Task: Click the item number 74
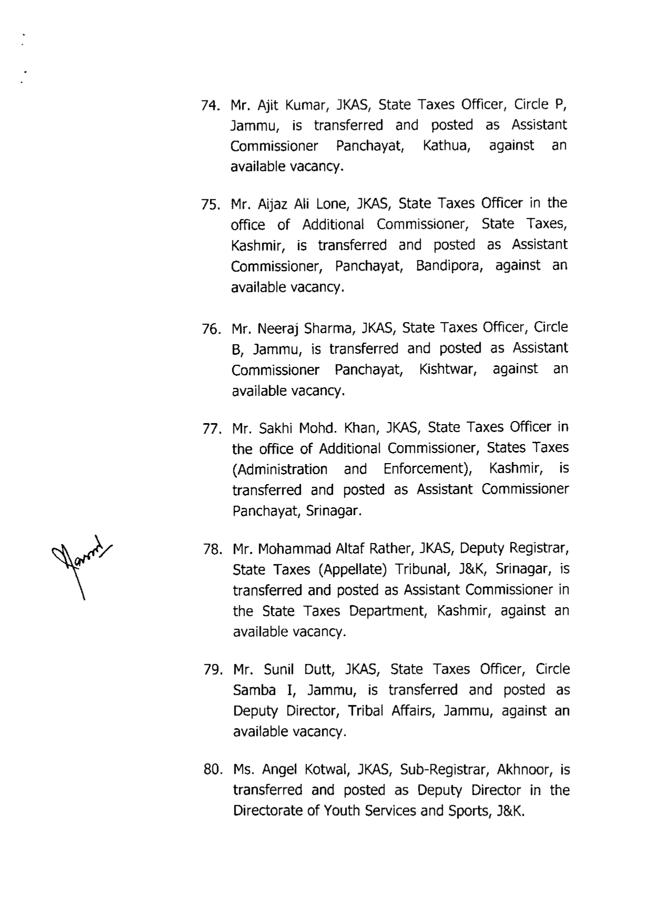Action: (x=209, y=106)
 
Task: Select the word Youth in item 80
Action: (x=341, y=811)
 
